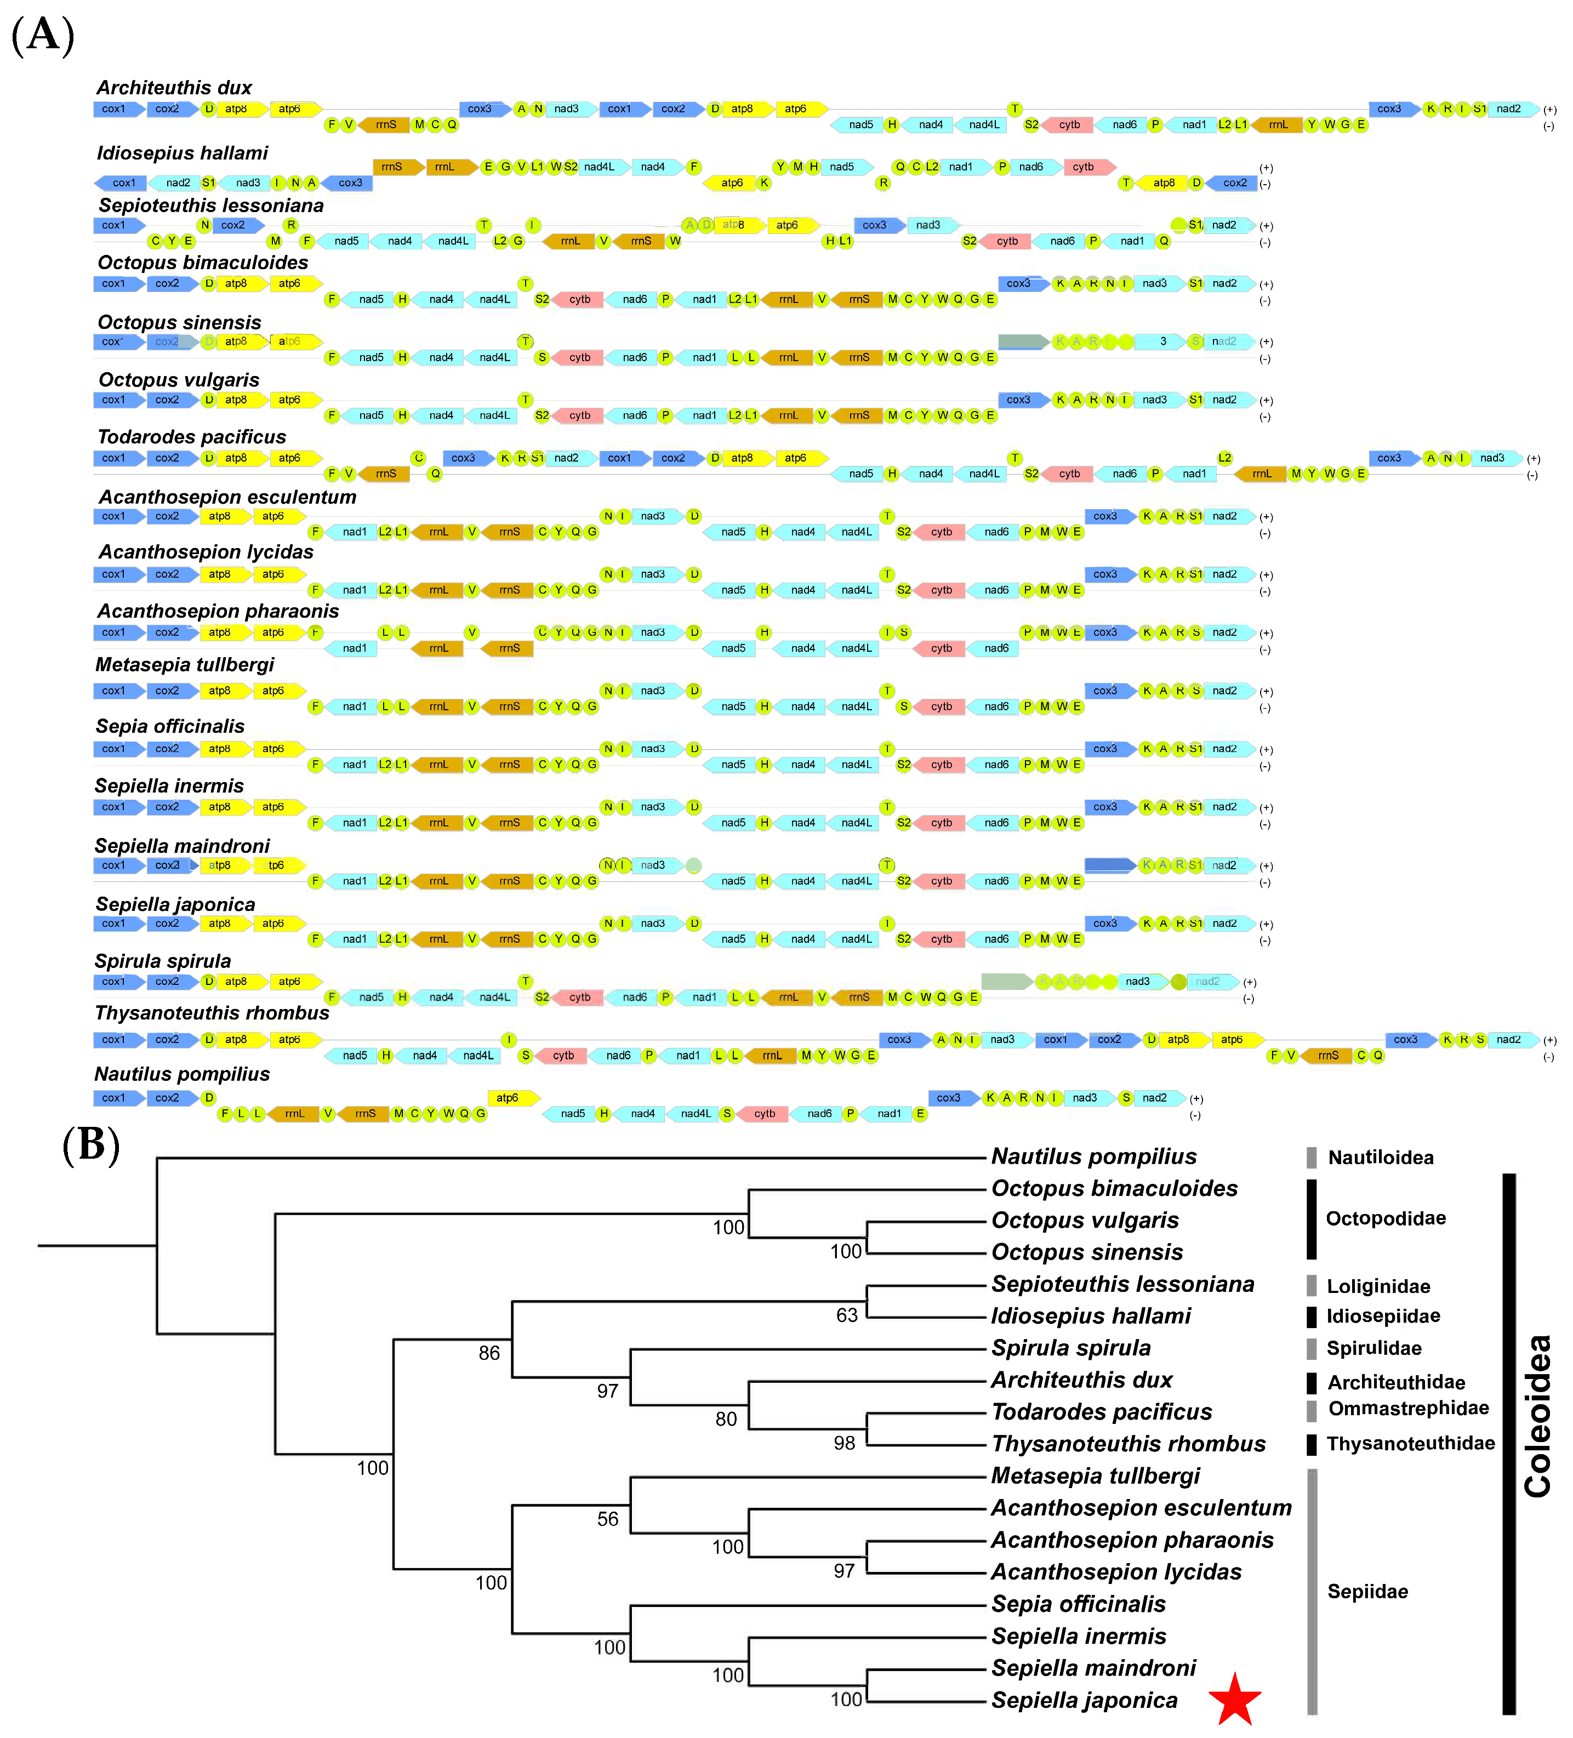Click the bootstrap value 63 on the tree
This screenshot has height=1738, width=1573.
[x=846, y=1315]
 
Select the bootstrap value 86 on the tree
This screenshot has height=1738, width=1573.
[x=489, y=1353]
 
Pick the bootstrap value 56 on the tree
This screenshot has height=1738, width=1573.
[x=608, y=1519]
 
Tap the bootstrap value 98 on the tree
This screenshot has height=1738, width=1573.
[x=844, y=1443]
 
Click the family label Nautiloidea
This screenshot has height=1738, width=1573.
[x=1380, y=1157]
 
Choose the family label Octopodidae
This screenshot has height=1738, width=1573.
[x=1385, y=1218]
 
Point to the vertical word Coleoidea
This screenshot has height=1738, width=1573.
[x=1538, y=1416]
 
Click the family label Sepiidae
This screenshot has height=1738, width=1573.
[x=1367, y=1592]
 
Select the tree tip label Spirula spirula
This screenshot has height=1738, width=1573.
[x=1070, y=1347]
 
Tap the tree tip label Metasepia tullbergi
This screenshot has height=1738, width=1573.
[x=1095, y=1476]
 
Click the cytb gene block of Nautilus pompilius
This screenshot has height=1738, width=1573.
[x=763, y=1114]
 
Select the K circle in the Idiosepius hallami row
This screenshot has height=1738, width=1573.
[x=763, y=183]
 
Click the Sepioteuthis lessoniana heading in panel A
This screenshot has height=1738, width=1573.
[x=210, y=205]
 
